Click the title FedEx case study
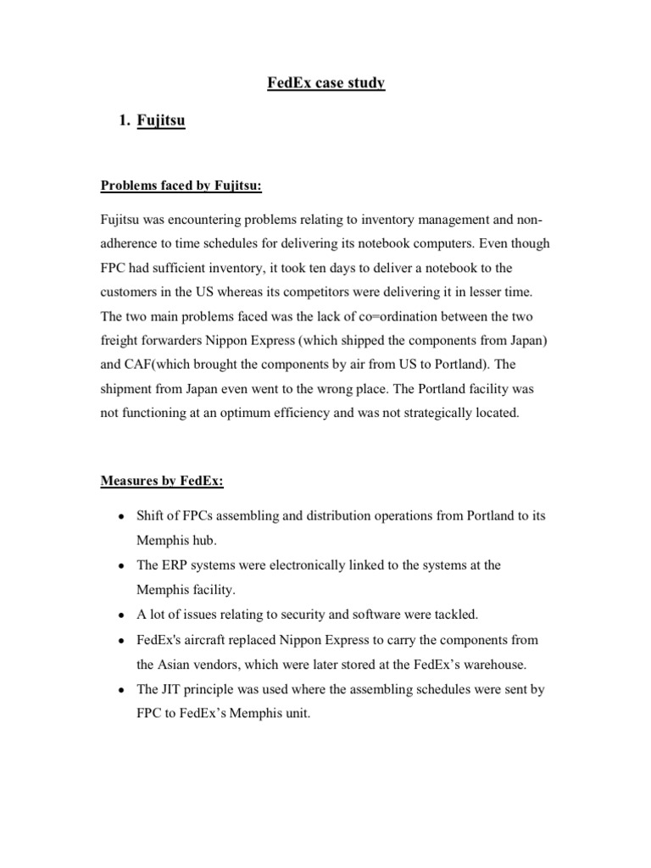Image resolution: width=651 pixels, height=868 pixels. [x=325, y=84]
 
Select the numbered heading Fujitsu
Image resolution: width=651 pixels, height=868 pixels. [x=160, y=122]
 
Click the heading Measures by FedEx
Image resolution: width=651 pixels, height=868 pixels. [x=162, y=481]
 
